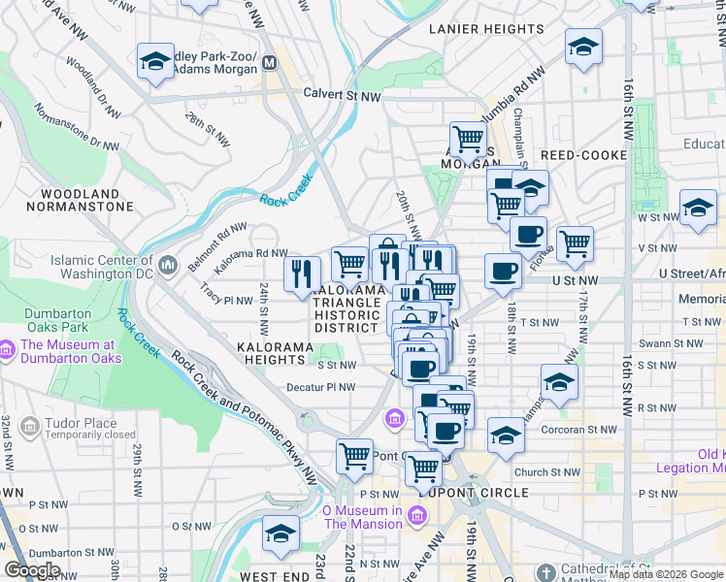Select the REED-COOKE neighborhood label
click(580, 155)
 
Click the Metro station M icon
click(270, 64)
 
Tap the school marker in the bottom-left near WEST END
click(280, 533)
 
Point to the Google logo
click(32, 570)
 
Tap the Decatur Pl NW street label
click(318, 387)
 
